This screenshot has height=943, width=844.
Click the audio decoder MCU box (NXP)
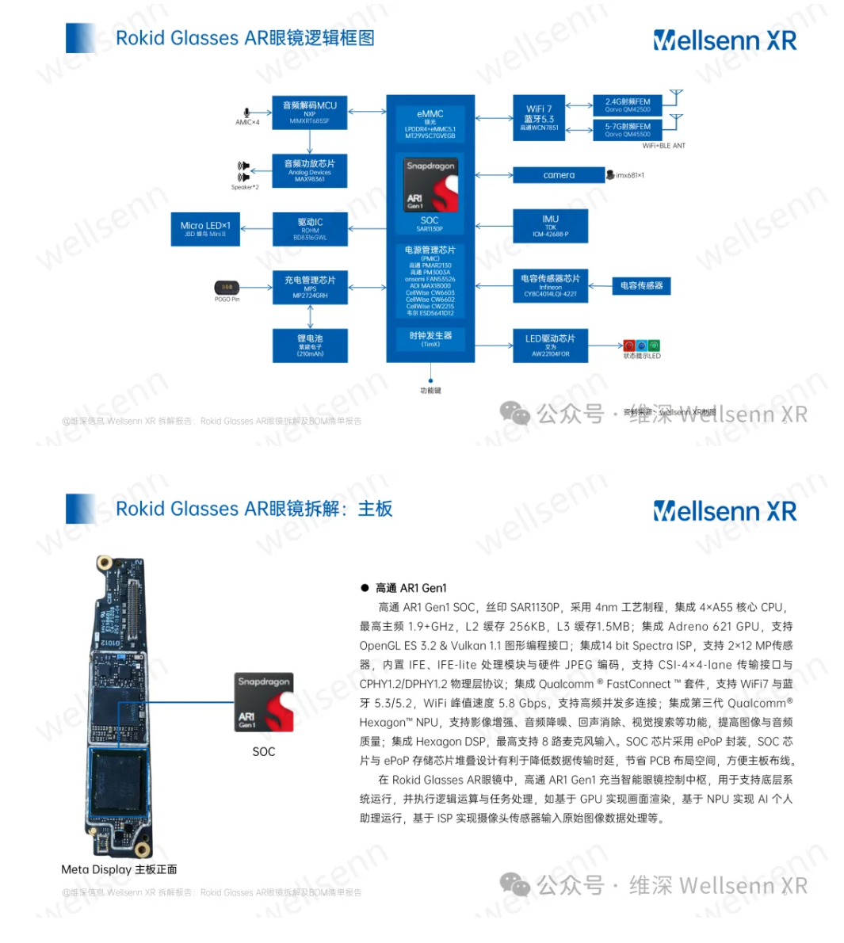point(309,112)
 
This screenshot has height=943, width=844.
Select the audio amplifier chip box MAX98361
point(309,170)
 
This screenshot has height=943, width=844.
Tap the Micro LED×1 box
point(205,228)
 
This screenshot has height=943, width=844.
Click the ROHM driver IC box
point(309,228)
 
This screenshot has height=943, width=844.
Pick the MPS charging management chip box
point(309,286)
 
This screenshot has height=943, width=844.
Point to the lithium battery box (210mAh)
point(309,345)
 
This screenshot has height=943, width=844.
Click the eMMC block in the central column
point(430,124)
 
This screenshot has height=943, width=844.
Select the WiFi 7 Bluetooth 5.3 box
point(539,117)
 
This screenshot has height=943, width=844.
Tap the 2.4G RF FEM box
point(627,105)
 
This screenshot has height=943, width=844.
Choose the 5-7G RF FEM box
point(627,129)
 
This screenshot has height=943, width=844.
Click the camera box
point(559,175)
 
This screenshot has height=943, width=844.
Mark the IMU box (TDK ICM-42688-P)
point(550,226)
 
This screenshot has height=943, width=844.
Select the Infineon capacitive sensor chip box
point(550,285)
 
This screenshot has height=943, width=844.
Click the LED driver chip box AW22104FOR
point(550,345)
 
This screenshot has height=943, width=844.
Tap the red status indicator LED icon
point(629,346)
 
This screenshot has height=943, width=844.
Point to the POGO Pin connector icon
point(227,287)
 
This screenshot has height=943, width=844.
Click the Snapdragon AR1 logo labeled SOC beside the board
point(264,702)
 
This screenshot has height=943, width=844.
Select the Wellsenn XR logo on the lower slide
point(724,512)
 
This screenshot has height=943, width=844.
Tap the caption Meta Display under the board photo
point(119,869)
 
